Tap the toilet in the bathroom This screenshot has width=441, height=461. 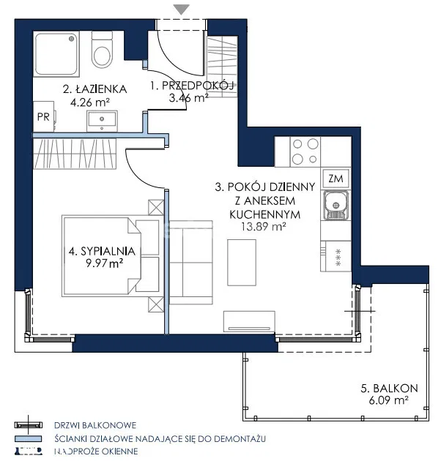coord(102,50)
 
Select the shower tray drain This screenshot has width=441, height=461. coord(71,39)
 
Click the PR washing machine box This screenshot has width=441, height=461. coord(43,116)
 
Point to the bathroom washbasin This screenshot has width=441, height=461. coord(102,121)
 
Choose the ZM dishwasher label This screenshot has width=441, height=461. coord(336,179)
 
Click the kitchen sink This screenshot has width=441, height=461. coord(336,205)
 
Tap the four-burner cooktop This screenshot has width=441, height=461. coord(305,151)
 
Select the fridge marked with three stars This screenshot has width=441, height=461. coord(336,256)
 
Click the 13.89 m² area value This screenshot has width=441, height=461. coord(264,227)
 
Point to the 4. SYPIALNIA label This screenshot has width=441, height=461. coord(102,252)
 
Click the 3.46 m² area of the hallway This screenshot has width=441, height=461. coord(189,97)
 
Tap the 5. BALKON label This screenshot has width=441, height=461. coord(389,388)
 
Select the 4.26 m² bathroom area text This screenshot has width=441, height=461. coord(90,102)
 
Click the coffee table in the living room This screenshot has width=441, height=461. coord(242,262)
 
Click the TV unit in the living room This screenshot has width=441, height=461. coord(249,322)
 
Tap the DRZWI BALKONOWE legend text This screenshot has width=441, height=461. coord(95,425)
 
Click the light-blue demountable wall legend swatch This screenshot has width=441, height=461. coord(29,438)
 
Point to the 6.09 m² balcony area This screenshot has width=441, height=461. coord(388,400)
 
